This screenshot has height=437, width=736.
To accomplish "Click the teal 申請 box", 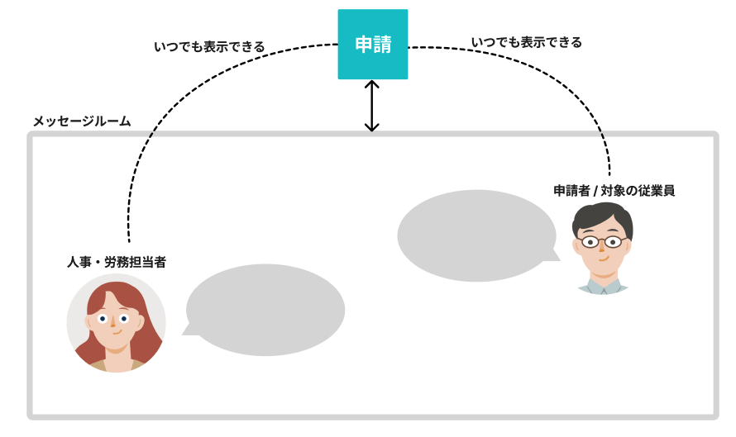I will pos(372,45).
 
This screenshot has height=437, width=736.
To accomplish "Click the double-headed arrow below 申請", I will pos(372,106).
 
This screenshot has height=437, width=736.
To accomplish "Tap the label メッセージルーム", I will pos(81,121).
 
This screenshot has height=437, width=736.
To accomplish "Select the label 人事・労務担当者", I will pos(117,262).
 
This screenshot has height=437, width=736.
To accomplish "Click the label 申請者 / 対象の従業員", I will pos(614,191).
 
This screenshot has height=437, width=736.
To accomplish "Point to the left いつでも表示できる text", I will pos(209,47).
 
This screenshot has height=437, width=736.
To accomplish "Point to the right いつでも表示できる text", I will pos(526,42).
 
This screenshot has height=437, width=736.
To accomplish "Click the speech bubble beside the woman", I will pos(265,310).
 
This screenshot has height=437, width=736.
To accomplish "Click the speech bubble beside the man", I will pos(476,235).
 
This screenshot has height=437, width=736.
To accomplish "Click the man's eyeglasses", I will pos(602,242).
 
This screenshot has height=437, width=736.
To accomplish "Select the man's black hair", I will pos(602,215).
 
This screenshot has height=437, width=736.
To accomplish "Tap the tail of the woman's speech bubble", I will pos(189,330).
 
